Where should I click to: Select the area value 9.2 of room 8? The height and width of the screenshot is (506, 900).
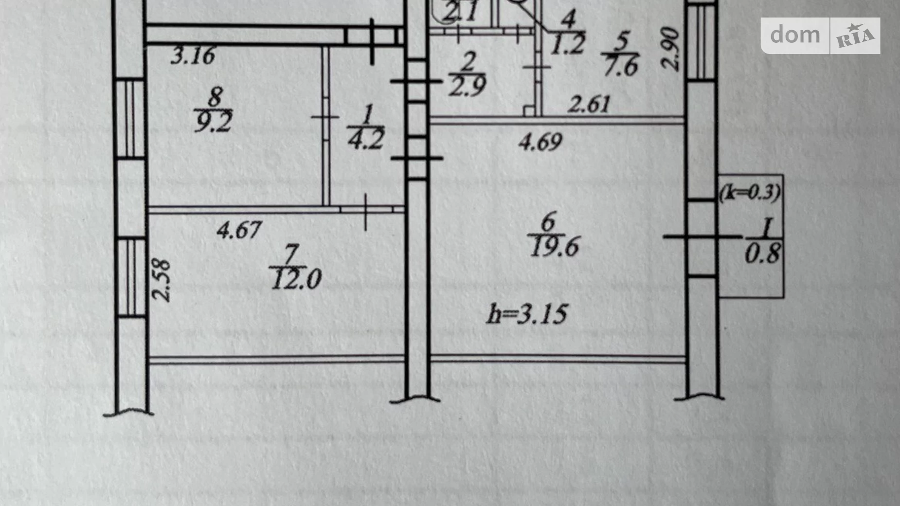pos(213,122)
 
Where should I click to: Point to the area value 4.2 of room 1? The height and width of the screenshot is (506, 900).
pos(366,139)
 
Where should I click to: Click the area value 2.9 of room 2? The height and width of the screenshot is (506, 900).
pos(468,87)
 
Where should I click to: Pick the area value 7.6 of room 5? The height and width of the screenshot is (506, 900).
pos(619,66)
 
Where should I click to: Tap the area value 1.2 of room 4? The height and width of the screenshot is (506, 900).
pos(568,44)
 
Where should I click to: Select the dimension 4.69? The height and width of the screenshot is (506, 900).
pos(540,143)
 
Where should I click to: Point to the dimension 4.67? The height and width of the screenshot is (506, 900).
pos(239,229)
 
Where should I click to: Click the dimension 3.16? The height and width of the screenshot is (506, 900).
pos(193,56)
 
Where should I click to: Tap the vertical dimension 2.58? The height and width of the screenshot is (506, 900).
pos(162,281)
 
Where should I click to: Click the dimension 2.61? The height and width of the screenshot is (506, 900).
pos(589,104)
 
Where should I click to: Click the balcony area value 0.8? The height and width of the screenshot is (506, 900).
pos(762,254)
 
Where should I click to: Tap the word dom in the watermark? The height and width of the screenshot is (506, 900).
pos(795,35)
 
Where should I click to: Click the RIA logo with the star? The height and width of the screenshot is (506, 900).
pos(855,36)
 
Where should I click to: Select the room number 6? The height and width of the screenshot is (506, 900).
pos(548,222)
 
